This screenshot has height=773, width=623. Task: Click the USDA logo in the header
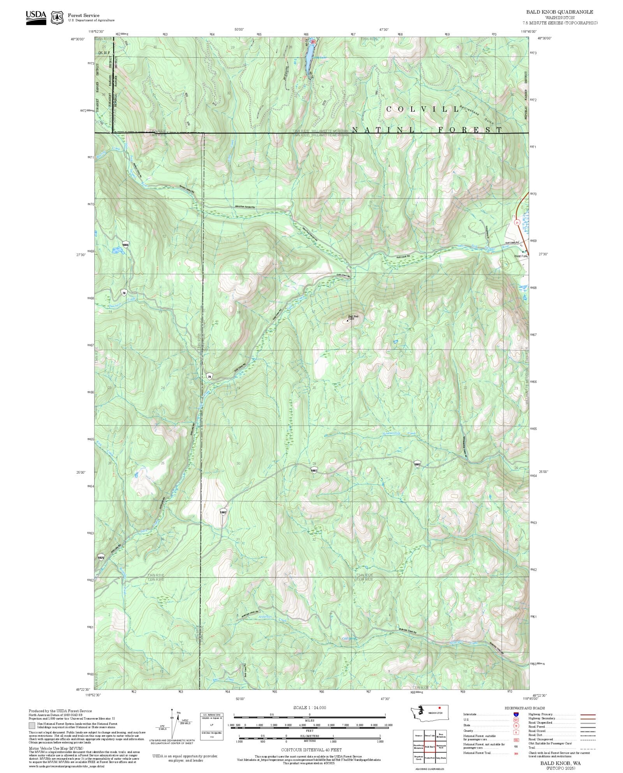[36, 18]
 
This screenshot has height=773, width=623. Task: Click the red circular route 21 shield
[517, 222]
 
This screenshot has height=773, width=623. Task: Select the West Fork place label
[520, 256]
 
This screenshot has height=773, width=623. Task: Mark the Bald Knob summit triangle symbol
[347, 320]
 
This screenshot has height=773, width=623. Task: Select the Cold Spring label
[349, 638]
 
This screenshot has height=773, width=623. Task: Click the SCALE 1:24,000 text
[310, 708]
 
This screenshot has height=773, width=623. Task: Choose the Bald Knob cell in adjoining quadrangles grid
[430, 747]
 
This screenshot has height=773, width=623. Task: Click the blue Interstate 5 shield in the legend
[516, 715]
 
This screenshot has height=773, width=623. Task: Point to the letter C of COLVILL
[389, 109]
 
